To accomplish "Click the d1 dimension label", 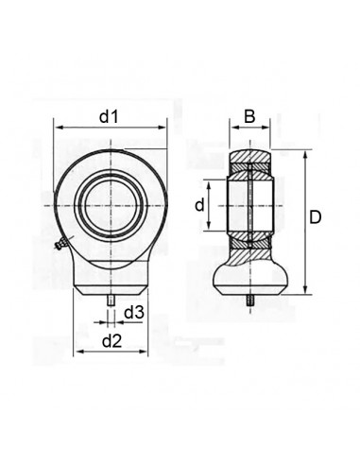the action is (109, 117).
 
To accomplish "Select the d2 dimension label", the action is (111, 341).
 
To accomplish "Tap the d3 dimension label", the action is (134, 313).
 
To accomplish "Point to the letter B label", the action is (249, 116).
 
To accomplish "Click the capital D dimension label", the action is (315, 217).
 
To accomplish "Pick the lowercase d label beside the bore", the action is (199, 205).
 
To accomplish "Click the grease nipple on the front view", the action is (60, 244).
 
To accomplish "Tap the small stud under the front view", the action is (111, 301).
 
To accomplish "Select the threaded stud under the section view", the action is (250, 301).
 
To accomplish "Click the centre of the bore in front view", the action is (111, 206).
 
